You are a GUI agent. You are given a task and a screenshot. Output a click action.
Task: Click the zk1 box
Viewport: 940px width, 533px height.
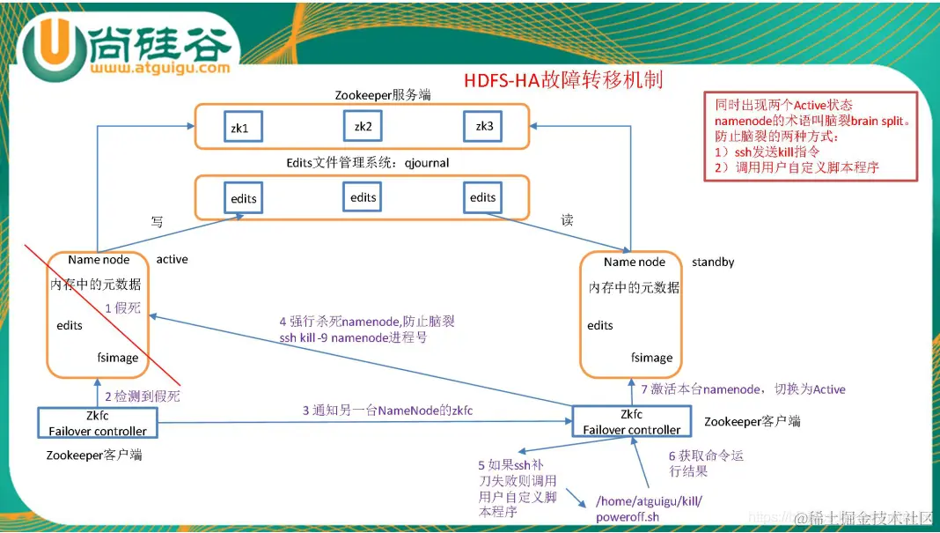[240, 129]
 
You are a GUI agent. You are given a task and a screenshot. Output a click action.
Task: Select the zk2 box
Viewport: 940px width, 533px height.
[364, 127]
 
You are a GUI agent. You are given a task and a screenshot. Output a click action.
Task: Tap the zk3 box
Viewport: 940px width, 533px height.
[484, 127]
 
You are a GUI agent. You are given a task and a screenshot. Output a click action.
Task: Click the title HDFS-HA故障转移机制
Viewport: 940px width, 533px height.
[563, 80]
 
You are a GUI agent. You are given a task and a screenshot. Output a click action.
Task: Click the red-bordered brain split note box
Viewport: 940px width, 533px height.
[810, 137]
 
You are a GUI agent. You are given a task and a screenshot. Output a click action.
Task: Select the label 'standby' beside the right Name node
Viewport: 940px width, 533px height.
[713, 262]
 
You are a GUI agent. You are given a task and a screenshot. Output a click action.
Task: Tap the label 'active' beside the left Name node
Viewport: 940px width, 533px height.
[172, 259]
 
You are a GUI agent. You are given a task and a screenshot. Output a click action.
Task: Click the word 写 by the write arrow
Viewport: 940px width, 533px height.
[157, 223]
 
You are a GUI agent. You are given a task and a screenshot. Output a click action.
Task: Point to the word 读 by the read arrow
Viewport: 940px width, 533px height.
[567, 220]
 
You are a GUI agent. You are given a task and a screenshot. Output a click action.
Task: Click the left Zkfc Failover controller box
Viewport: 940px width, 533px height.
[98, 423]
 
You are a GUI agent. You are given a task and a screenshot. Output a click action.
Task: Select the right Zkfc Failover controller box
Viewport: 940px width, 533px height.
[631, 422]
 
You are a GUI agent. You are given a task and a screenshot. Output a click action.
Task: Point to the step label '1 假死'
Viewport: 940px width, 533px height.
[122, 308]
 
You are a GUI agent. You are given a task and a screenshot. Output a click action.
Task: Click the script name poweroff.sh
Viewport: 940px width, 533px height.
[628, 517]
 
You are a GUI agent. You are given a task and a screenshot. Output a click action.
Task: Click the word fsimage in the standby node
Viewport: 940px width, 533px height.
[651, 358]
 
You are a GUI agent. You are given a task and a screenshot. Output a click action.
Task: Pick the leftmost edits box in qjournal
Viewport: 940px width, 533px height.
[244, 198]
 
